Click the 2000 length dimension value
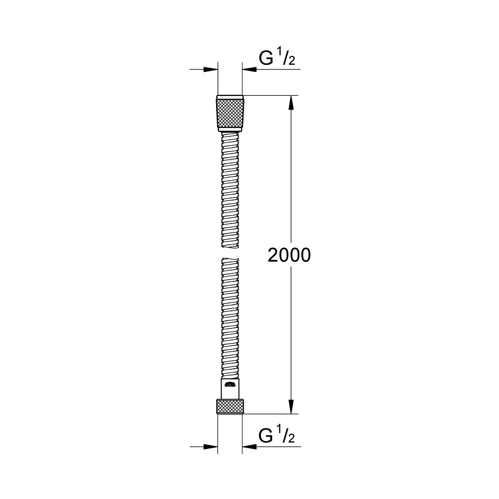click(x=289, y=255)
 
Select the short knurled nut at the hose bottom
click(x=230, y=406)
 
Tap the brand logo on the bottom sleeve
click(x=230, y=384)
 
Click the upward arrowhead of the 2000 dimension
click(x=292, y=102)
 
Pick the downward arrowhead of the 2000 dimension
click(x=292, y=407)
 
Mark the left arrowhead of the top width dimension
click(x=212, y=69)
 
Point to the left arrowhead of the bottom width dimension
click(x=212, y=446)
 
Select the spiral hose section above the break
click(x=230, y=190)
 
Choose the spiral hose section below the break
click(x=230, y=319)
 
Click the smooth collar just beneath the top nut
click(x=230, y=131)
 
